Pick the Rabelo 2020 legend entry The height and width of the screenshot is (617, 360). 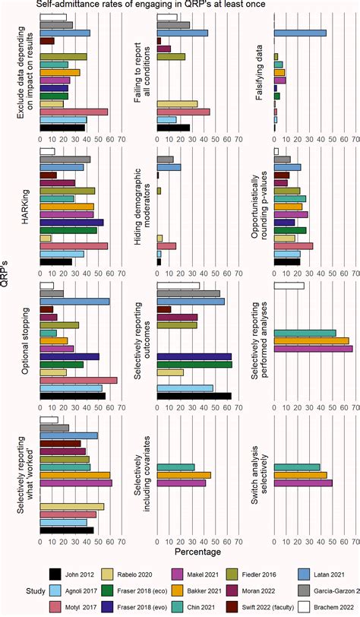click(x=139, y=574)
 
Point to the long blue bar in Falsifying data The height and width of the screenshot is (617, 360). click(x=300, y=33)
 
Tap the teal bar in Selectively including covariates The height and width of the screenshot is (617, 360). click(x=175, y=467)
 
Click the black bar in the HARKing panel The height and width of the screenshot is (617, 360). click(x=55, y=261)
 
